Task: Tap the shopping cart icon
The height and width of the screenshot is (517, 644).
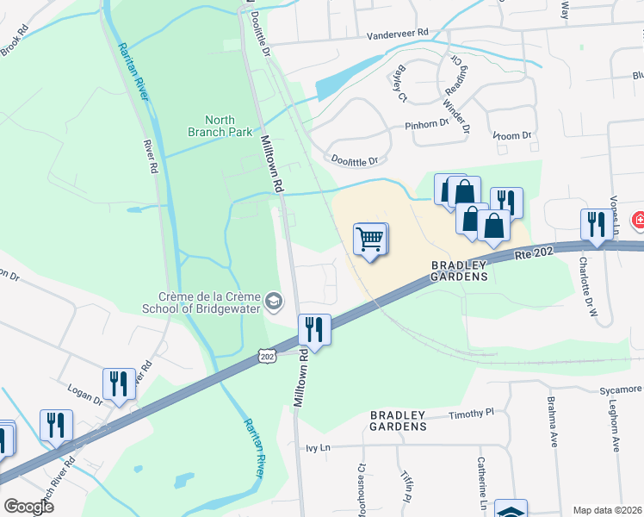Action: (370, 239)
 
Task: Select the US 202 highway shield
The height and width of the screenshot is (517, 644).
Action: (266, 355)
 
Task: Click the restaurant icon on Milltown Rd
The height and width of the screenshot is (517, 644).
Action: (314, 329)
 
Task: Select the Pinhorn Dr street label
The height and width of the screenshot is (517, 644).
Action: (428, 124)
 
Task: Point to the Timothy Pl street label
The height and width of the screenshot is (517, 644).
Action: (472, 414)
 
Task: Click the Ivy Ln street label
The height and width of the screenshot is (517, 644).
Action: (319, 448)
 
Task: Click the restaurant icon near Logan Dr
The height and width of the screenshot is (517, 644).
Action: (119, 384)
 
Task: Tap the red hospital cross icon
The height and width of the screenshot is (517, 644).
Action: (639, 221)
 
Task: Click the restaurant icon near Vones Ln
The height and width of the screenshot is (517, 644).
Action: (597, 225)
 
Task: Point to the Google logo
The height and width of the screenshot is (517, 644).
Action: (28, 507)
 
